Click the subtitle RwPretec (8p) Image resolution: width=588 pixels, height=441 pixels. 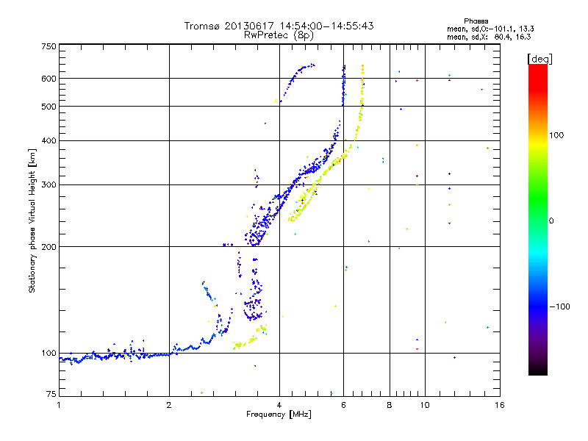click(x=279, y=35)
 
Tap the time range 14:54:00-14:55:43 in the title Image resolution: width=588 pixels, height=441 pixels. click(x=326, y=26)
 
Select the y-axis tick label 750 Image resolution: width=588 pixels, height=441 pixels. click(x=49, y=46)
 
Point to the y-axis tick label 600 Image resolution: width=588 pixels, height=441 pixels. click(x=49, y=79)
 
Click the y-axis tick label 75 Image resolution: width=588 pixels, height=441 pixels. click(x=51, y=394)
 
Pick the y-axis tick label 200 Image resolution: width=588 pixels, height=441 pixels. click(x=49, y=247)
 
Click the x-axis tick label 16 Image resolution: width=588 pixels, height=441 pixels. click(x=500, y=405)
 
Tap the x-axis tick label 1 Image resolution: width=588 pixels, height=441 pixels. click(x=59, y=405)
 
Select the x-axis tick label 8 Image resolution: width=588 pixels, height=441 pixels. click(x=390, y=405)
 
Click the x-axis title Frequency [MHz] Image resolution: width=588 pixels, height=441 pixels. click(x=279, y=415)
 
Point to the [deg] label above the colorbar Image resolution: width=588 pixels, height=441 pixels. click(x=539, y=59)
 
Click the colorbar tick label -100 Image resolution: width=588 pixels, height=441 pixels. click(x=559, y=306)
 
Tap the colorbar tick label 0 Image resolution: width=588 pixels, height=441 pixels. click(x=551, y=221)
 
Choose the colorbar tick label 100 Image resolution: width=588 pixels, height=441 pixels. click(x=556, y=135)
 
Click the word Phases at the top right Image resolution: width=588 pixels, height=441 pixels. click(x=476, y=21)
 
